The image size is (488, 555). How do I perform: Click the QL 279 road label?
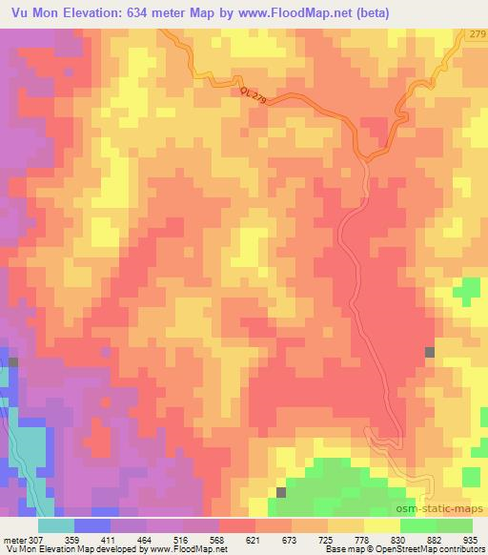click(254, 97)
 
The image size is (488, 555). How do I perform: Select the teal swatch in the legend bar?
click(55, 525)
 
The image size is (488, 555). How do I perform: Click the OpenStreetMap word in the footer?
click(399, 548)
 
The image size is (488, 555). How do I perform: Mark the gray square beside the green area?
click(281, 492)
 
